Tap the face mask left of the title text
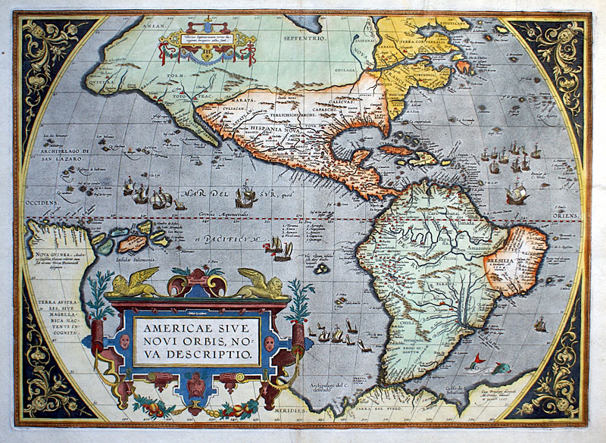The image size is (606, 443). point(124,341)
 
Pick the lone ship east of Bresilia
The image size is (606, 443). point(540,325)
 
